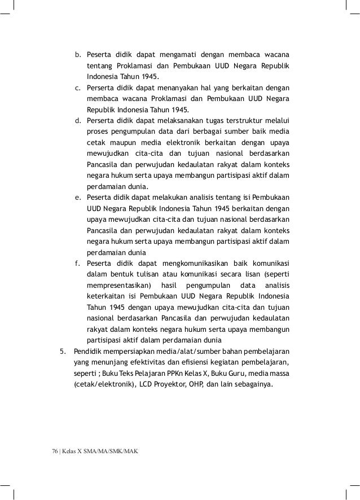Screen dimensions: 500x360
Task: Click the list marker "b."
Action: point(79,55)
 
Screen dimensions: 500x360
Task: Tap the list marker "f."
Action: point(78,264)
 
